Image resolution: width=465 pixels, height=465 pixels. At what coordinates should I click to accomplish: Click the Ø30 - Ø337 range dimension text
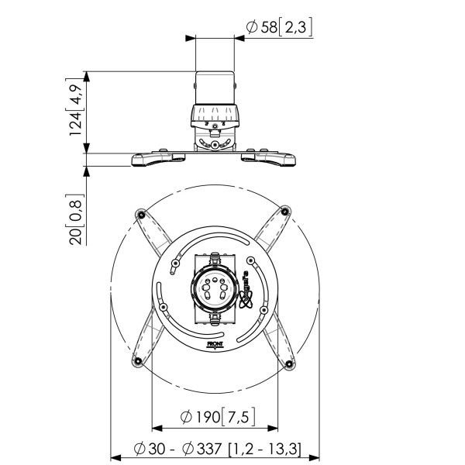(x=218, y=448)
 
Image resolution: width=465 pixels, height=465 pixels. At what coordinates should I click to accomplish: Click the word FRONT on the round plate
(x=215, y=340)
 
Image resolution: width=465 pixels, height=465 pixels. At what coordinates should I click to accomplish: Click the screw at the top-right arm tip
(x=284, y=210)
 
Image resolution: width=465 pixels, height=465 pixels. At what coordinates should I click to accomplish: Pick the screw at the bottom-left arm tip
(x=139, y=363)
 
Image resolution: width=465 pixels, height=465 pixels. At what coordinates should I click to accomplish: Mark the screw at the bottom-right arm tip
(x=288, y=363)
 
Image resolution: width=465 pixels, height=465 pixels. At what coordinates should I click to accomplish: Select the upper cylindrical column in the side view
(x=215, y=88)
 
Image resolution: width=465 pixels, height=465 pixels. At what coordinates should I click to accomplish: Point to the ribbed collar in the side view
(x=215, y=118)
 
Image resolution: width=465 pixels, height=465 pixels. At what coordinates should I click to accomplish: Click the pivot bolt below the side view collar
(x=215, y=143)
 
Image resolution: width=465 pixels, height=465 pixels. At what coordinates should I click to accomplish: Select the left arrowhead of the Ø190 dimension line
(x=156, y=427)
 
